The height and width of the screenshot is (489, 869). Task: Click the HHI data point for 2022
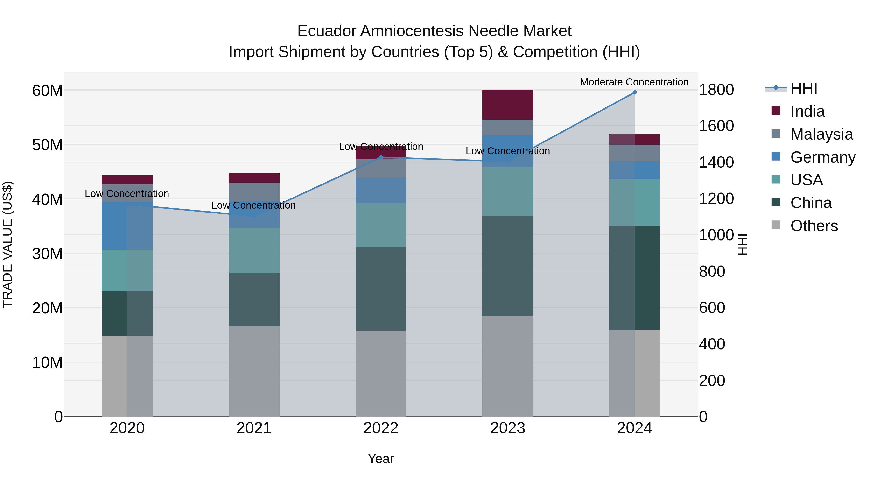point(381,157)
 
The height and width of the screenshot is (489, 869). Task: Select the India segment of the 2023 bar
point(507,105)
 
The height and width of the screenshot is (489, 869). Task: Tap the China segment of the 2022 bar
point(381,289)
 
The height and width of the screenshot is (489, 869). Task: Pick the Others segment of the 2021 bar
point(254,371)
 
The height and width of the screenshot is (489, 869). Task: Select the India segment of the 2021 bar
point(254,178)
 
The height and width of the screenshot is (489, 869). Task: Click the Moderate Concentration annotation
point(634,82)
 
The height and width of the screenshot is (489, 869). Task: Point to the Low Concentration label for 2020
point(127,194)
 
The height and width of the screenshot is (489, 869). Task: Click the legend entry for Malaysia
point(821,134)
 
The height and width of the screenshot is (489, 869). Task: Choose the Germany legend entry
point(822,157)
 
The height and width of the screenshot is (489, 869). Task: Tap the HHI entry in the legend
point(804,88)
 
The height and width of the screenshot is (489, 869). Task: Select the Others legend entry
point(814,226)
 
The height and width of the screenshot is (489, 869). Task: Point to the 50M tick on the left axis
point(47,145)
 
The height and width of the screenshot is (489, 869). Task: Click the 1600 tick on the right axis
point(716,126)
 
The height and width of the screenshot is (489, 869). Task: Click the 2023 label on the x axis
point(507,428)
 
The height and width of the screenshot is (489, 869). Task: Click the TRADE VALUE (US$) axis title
point(7,244)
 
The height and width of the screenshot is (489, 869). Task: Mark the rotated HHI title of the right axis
point(743,244)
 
